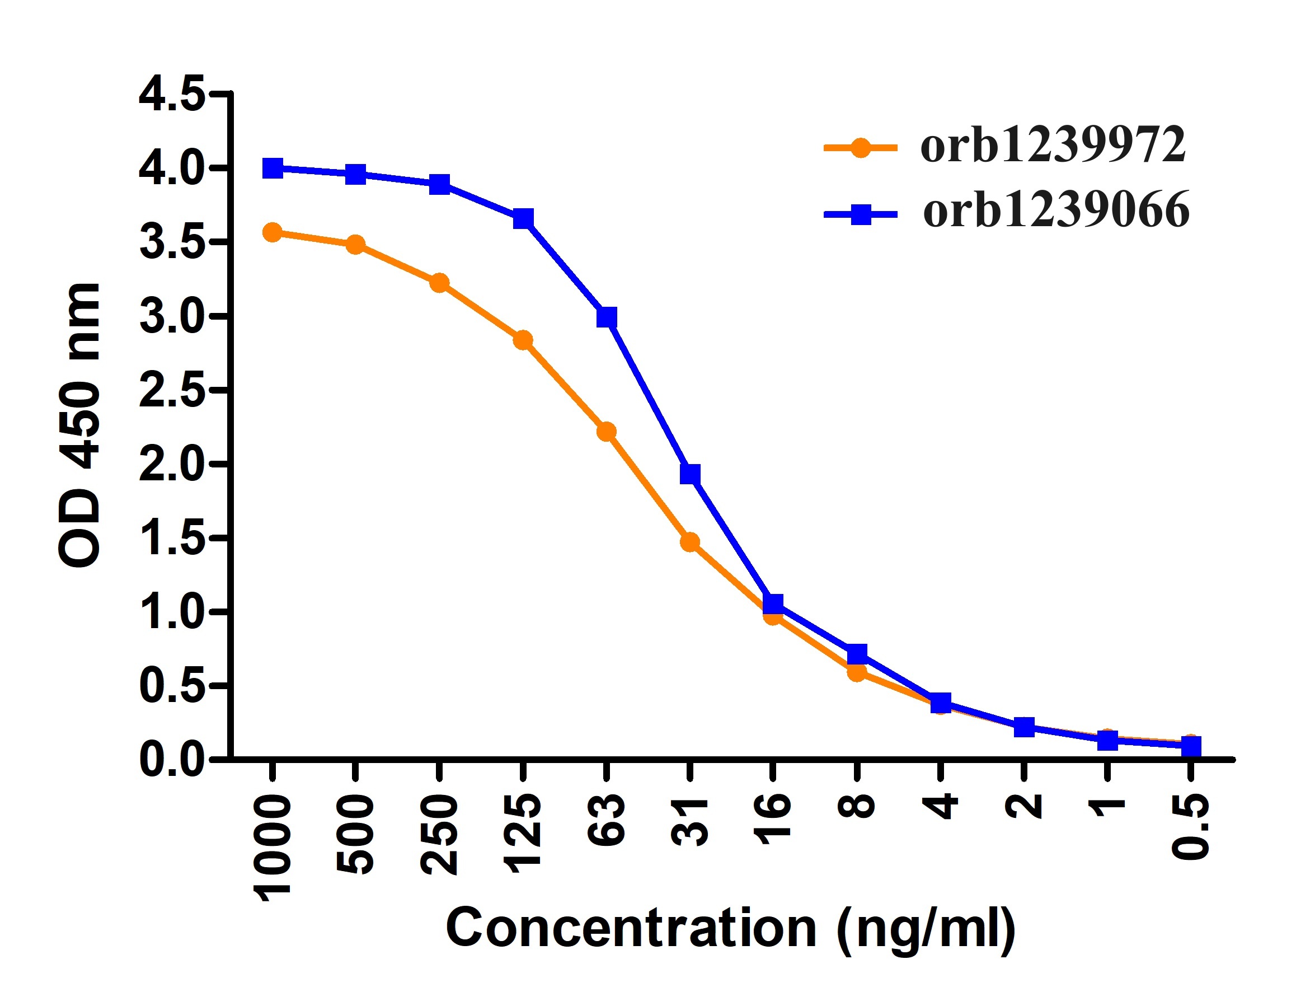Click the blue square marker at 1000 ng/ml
click(x=273, y=169)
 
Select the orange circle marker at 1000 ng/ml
click(x=273, y=233)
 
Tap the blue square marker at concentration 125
click(x=523, y=218)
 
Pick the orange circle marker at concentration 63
click(x=606, y=432)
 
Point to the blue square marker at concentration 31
click(x=689, y=474)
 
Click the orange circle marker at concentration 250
click(x=439, y=283)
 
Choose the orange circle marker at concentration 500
click(x=355, y=245)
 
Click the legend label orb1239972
click(x=1053, y=146)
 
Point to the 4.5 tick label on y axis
click(x=172, y=94)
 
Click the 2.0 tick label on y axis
click(x=172, y=464)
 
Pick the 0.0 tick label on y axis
click(x=172, y=759)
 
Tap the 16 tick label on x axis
click(x=773, y=818)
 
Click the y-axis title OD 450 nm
click(x=80, y=425)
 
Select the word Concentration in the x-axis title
click(x=631, y=929)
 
